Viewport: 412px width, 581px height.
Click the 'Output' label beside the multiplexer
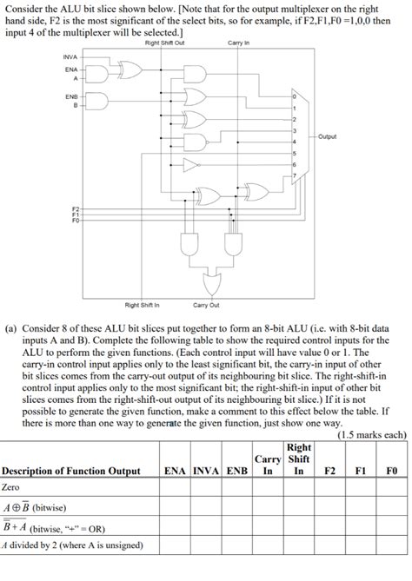tap(328, 136)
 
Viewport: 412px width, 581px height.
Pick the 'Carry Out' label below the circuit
tap(206, 305)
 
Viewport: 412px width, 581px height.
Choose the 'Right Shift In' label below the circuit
tap(143, 305)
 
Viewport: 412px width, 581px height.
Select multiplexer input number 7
tap(296, 176)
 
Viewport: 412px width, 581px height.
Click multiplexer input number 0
tap(296, 96)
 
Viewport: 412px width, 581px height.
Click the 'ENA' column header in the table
tap(178, 471)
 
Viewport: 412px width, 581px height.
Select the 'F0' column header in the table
tap(391, 471)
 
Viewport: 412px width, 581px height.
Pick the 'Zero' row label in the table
tap(11, 487)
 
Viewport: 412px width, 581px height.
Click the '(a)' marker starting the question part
tap(10, 331)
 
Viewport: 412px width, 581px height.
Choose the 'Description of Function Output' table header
tap(71, 471)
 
